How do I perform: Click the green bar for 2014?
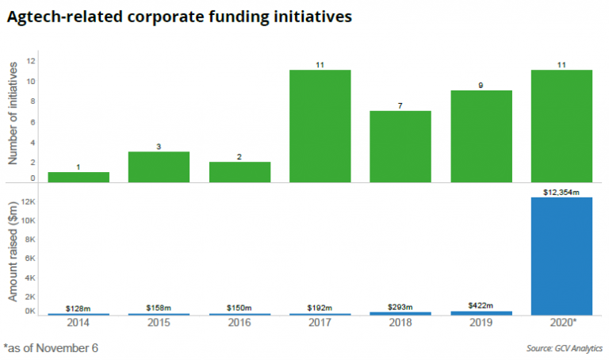[x=79, y=177]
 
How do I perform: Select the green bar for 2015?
[x=159, y=167]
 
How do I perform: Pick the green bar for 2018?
[x=400, y=147]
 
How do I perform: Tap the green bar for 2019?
[x=481, y=136]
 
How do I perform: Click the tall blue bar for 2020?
[x=561, y=255]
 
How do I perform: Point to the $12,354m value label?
[x=561, y=191]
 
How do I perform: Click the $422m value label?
[x=481, y=304]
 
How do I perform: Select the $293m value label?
[x=400, y=306]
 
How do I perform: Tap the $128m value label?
[x=79, y=308]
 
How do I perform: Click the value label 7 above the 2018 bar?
[x=400, y=105]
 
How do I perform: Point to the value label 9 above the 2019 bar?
[x=481, y=85]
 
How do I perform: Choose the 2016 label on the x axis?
[x=239, y=324]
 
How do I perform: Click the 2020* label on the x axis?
[x=561, y=324]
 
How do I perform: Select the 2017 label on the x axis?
[x=320, y=324]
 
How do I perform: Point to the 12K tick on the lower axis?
[x=29, y=202]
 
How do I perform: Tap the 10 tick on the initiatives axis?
[x=31, y=82]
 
